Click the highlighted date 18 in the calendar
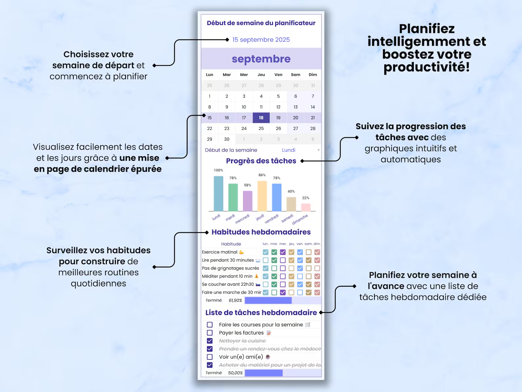[261, 118]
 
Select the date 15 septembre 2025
[261, 40]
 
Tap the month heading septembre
[261, 59]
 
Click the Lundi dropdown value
[289, 150]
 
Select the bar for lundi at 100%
[218, 194]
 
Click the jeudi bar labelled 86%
[262, 196]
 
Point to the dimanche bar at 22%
[306, 207]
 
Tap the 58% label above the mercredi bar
[248, 185]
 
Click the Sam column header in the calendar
[296, 75]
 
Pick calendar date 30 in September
[227, 139]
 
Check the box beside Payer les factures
[210, 333]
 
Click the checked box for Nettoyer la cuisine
[210, 341]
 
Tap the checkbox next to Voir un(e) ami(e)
[210, 357]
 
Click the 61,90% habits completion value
[235, 301]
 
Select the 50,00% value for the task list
[235, 373]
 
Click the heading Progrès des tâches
[261, 161]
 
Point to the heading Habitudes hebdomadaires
[261, 232]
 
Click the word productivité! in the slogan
[427, 67]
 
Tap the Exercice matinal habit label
[220, 252]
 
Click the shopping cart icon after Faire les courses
[308, 325]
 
